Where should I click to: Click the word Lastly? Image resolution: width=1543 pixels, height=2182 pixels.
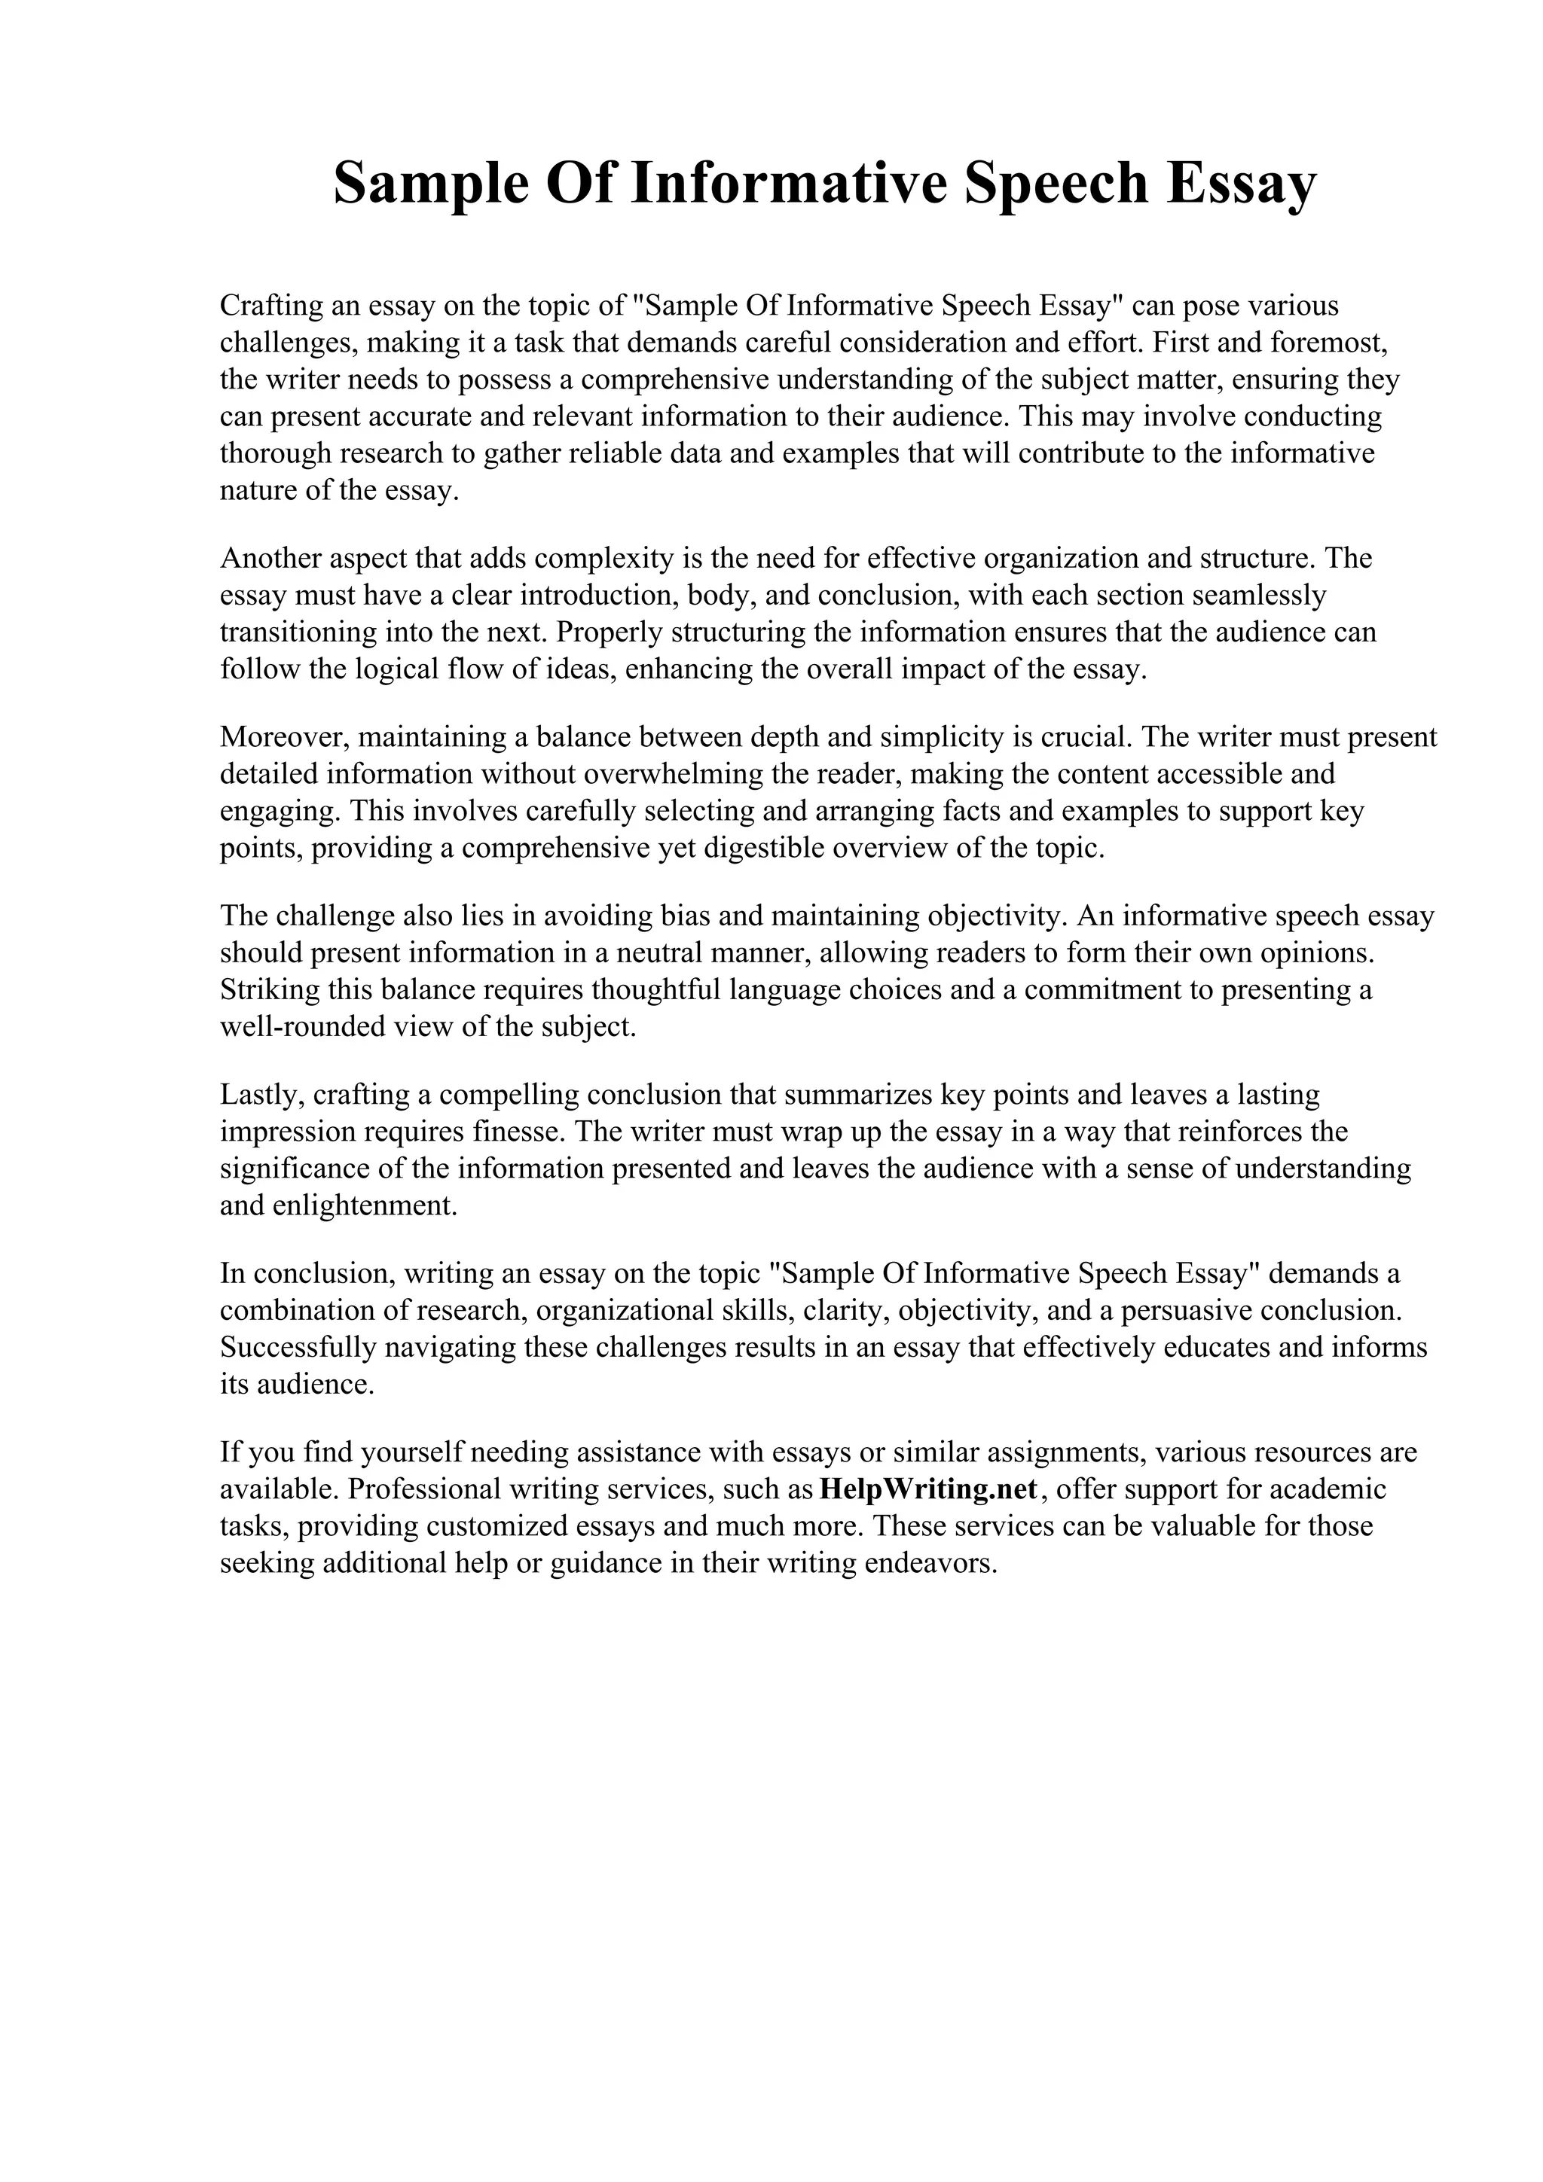coord(261,1095)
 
